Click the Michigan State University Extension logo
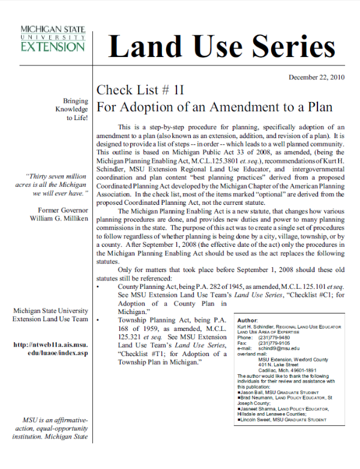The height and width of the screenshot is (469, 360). pos(52,38)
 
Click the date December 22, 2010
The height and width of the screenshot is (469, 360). pos(316,77)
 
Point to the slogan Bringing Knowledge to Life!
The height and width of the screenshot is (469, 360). pos(71,109)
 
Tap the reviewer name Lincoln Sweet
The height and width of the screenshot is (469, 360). pos(261,420)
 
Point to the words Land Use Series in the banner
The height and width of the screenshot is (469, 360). pos(221,47)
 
